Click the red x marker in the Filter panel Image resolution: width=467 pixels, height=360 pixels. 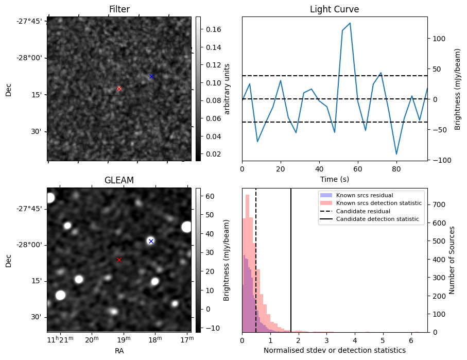click(x=119, y=89)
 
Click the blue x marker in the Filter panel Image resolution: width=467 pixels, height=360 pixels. click(x=151, y=76)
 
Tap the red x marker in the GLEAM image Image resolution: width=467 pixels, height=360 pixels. click(x=119, y=260)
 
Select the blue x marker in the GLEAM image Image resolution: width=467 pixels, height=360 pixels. click(x=151, y=241)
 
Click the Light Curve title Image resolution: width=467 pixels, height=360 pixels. click(x=334, y=9)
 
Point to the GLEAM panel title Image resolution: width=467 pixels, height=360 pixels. click(x=119, y=180)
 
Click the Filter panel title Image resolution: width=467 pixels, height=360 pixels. click(x=119, y=9)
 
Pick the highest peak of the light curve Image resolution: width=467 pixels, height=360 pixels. click(x=350, y=23)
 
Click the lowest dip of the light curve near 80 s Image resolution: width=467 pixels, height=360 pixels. click(x=396, y=154)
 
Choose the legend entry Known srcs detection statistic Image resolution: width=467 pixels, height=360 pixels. click(x=378, y=203)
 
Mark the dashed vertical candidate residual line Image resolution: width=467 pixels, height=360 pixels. click(x=256, y=268)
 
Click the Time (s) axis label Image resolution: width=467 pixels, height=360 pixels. click(x=334, y=179)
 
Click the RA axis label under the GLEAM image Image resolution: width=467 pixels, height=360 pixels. click(x=119, y=351)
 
